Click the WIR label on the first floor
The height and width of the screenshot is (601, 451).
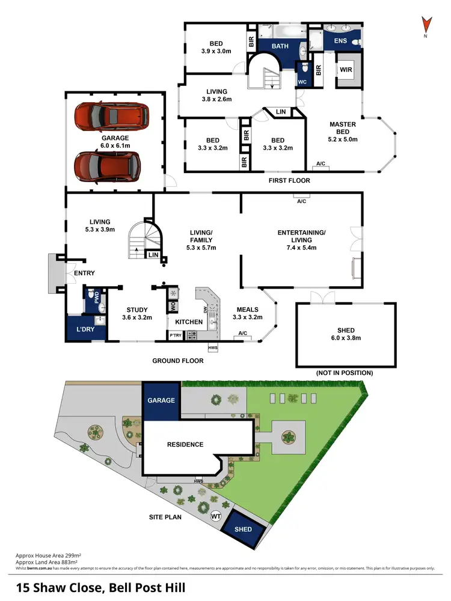pyautogui.click(x=346, y=70)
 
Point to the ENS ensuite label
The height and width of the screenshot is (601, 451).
pyautogui.click(x=340, y=41)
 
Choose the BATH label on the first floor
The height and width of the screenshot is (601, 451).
pyautogui.click(x=280, y=46)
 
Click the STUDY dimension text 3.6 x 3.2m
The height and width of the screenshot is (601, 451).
pyautogui.click(x=137, y=317)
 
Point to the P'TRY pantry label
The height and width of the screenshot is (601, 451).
pyautogui.click(x=176, y=335)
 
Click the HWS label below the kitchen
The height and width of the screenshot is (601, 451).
pyautogui.click(x=213, y=348)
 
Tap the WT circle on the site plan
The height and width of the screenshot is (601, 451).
pyautogui.click(x=215, y=516)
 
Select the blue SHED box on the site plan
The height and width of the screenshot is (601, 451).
pyautogui.click(x=244, y=529)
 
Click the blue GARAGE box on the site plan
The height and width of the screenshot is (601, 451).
pyautogui.click(x=161, y=400)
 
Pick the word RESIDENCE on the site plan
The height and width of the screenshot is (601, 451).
pyautogui.click(x=186, y=445)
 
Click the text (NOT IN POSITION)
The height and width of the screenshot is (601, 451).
pyautogui.click(x=345, y=373)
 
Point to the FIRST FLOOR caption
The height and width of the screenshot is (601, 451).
pyautogui.click(x=290, y=180)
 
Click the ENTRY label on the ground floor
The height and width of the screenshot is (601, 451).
pyautogui.click(x=84, y=273)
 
